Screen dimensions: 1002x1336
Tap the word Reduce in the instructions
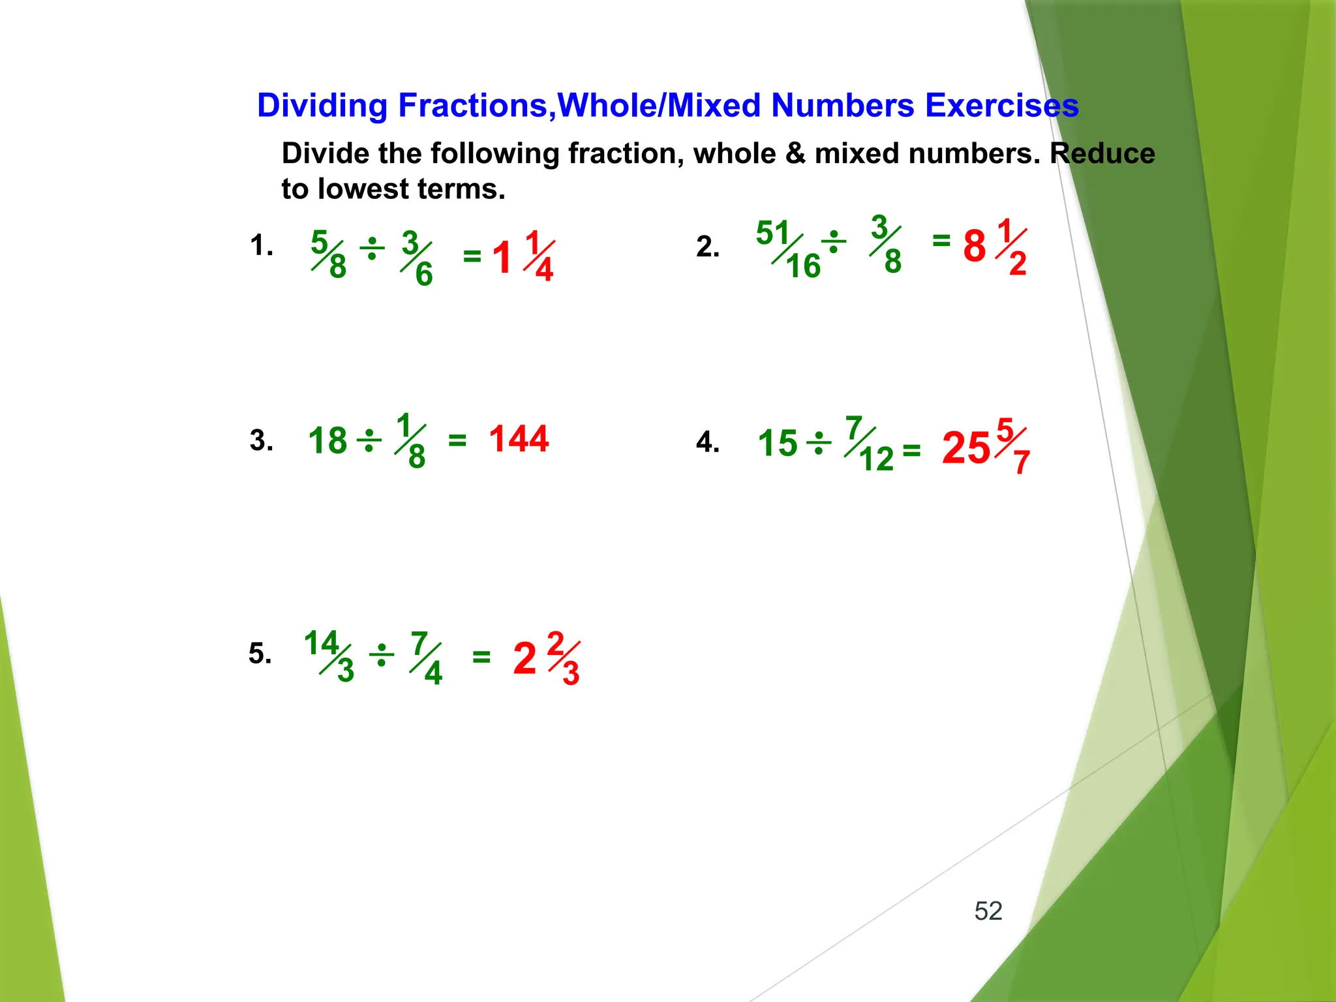click(1102, 154)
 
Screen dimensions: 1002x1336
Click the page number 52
click(988, 911)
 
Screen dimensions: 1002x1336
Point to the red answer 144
click(519, 439)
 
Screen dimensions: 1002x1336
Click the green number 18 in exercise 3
click(327, 441)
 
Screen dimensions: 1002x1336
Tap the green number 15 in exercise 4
click(778, 444)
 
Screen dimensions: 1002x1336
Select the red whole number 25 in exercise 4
click(966, 448)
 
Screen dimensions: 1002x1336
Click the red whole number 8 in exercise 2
click(975, 247)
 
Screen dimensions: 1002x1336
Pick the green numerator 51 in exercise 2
click(773, 233)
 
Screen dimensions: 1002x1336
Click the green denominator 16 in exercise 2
click(803, 266)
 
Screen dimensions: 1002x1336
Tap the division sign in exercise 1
click(372, 249)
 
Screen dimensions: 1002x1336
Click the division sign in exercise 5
click(382, 656)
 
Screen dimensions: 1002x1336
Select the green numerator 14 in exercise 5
click(321, 643)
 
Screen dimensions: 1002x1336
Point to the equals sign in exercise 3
click(457, 442)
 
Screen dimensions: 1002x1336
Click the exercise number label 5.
click(259, 654)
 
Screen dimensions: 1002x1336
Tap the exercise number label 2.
click(706, 247)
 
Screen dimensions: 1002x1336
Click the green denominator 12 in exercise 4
click(876, 459)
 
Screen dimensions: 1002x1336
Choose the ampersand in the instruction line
click(795, 154)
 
